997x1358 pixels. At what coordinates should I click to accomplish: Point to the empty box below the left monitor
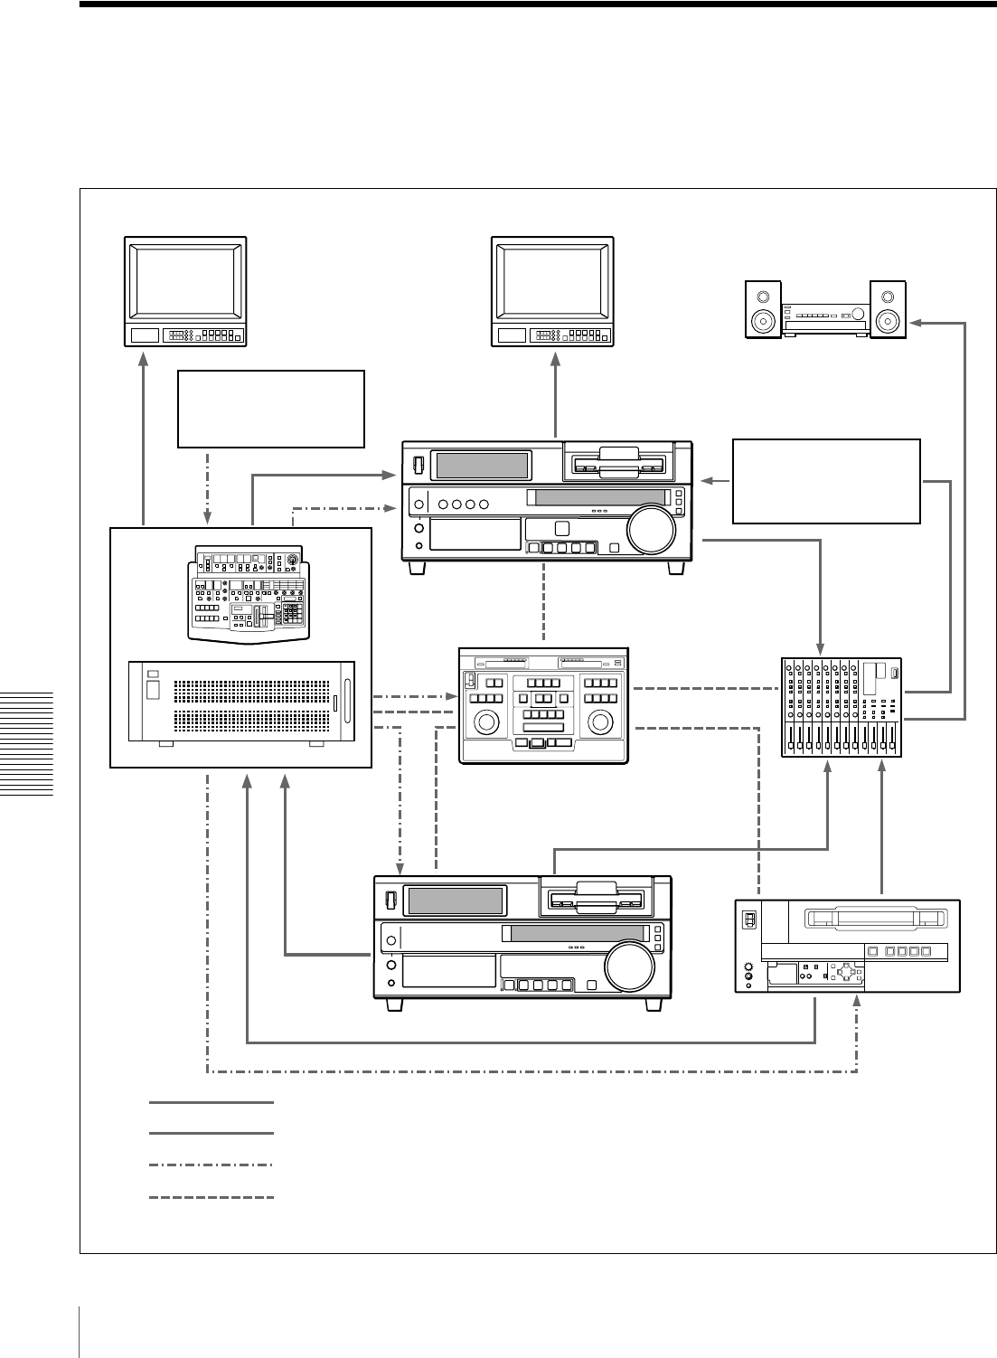pos(271,409)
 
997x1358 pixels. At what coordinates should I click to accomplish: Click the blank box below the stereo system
pos(826,481)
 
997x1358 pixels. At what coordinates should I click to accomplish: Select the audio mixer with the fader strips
pos(841,707)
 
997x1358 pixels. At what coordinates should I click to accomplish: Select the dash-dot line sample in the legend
pos(212,1165)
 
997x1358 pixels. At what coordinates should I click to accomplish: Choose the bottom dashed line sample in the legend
pos(212,1198)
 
